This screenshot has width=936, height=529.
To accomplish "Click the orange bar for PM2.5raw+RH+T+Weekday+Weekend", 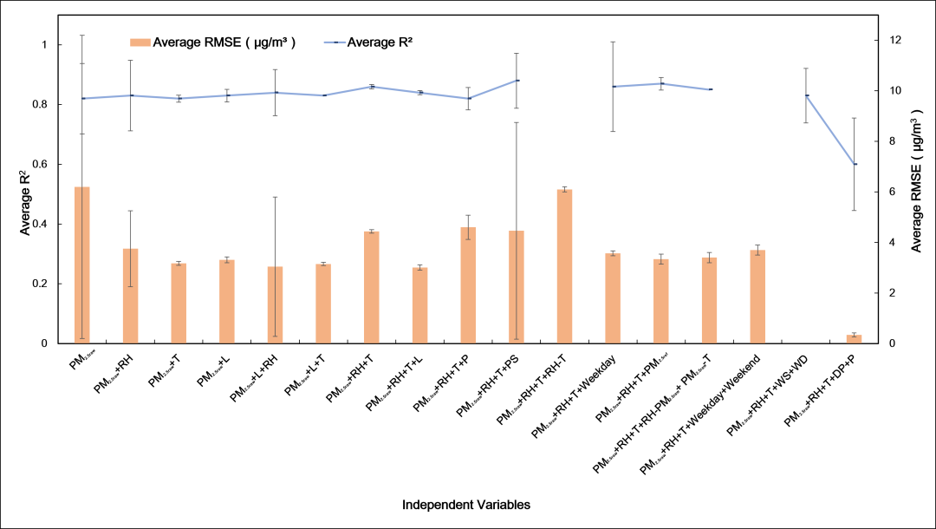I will click(757, 297).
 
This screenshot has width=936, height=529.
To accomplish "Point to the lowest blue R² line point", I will click(855, 164).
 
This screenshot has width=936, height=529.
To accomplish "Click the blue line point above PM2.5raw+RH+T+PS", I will click(517, 81).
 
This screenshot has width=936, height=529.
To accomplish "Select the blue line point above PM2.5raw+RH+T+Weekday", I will click(614, 87).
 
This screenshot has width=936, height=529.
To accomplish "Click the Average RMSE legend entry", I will click(212, 42).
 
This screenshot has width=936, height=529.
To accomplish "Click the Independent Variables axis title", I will click(466, 504).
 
